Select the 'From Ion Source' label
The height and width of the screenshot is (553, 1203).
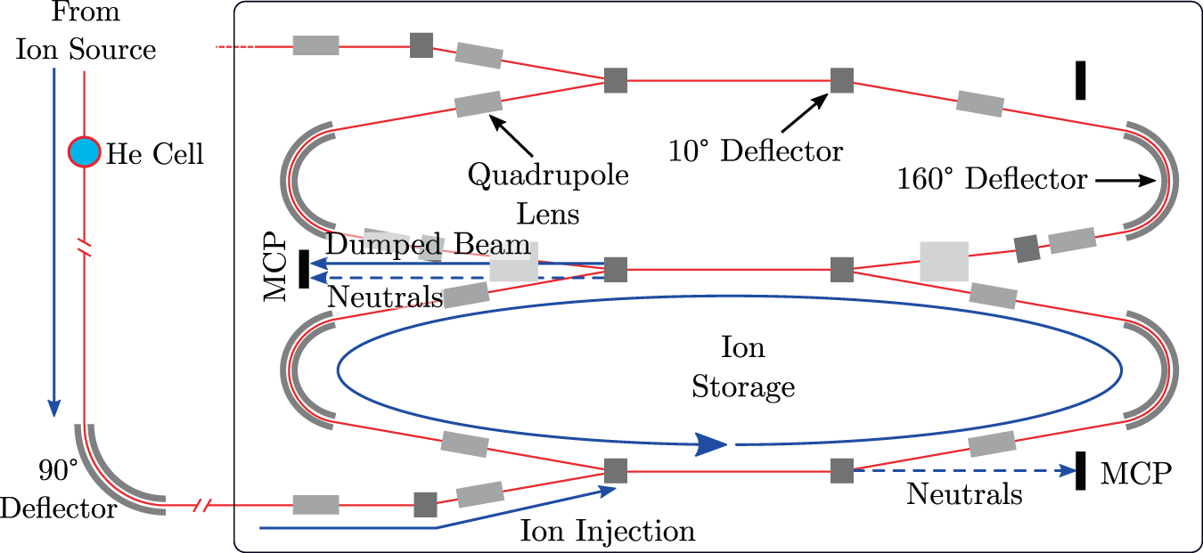(x=86, y=31)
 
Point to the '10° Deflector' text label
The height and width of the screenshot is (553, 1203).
(x=756, y=150)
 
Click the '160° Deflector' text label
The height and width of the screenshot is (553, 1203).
(x=993, y=179)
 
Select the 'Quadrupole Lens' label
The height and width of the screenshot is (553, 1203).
(x=549, y=194)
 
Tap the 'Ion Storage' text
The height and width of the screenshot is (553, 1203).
(x=743, y=367)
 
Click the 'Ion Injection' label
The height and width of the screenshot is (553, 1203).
(x=608, y=532)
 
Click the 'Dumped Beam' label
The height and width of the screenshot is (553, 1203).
(x=429, y=245)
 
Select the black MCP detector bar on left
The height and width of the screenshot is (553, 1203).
(x=304, y=270)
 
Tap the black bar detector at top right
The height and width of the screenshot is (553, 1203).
(x=1080, y=80)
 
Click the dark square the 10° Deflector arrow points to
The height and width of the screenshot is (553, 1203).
(x=842, y=80)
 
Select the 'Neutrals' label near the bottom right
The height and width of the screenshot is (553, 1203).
(x=964, y=493)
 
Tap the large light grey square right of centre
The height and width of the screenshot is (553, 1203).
(x=944, y=262)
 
